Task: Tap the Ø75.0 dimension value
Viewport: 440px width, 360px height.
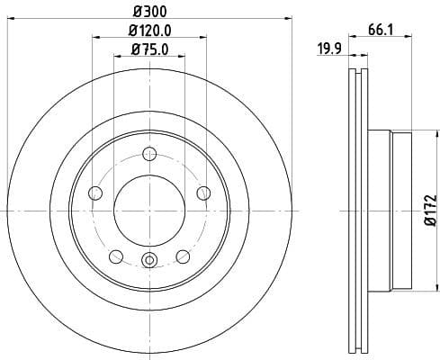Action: [149, 49]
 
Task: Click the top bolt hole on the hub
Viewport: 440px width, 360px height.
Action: [149, 158]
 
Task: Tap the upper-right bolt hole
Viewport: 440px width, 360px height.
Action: [203, 192]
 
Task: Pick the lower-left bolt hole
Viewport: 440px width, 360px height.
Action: [116, 256]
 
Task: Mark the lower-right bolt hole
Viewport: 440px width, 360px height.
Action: [184, 256]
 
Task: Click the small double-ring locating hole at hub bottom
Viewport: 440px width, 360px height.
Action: [149, 262]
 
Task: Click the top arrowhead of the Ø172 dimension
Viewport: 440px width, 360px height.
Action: [420, 135]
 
